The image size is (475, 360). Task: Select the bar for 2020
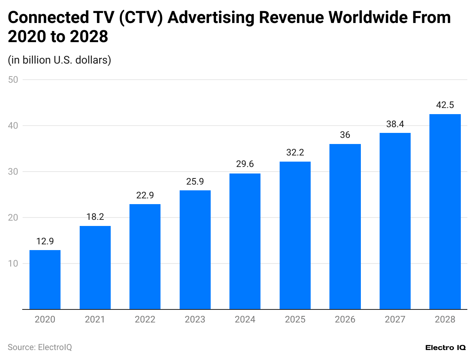click(x=45, y=280)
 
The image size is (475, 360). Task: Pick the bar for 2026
click(x=345, y=226)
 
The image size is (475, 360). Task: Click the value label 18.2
click(x=95, y=217)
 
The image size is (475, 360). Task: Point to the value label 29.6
click(x=245, y=164)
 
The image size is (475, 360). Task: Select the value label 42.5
click(x=445, y=105)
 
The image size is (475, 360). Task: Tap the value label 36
click(x=345, y=135)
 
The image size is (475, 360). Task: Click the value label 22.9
click(x=145, y=195)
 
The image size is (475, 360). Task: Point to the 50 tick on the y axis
click(x=14, y=80)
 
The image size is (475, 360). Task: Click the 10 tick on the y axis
click(x=14, y=263)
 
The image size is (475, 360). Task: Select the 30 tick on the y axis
click(x=14, y=172)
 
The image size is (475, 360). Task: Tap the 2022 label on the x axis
click(x=145, y=319)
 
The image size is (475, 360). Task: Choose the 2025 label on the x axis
click(x=295, y=319)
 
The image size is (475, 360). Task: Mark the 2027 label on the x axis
click(x=395, y=319)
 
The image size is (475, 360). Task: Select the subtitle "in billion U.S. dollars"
click(x=59, y=60)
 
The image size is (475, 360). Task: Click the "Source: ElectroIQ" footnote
click(x=40, y=347)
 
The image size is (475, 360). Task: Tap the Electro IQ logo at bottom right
click(x=446, y=347)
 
